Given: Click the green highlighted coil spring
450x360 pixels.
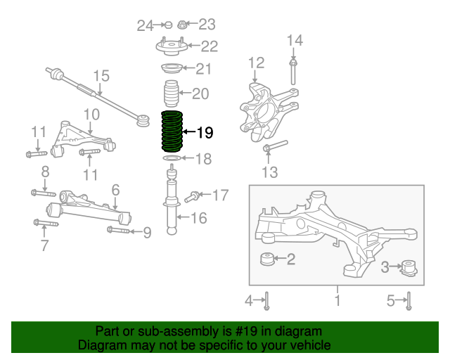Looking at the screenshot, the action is [172, 131].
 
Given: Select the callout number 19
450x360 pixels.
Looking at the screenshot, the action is [205, 133].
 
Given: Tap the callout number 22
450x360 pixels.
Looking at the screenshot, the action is [210, 46].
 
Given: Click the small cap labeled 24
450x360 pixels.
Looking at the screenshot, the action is [168, 25].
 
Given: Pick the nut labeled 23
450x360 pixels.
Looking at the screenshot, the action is [182, 25].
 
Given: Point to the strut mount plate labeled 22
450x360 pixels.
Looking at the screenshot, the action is [172, 47].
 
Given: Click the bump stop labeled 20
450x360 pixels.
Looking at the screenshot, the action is [171, 94].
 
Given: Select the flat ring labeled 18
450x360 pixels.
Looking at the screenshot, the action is [172, 158].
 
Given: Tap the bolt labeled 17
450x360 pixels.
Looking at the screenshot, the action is [193, 197].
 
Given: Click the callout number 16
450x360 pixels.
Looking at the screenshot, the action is [199, 218].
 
